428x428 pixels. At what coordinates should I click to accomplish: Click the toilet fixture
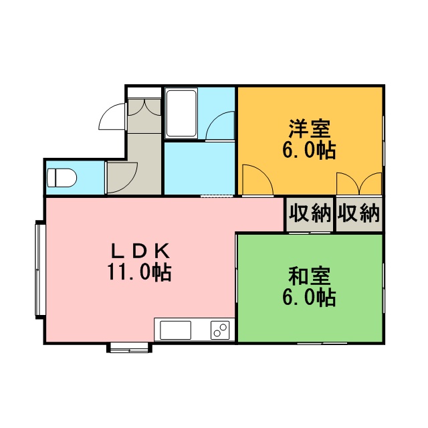coord(62,178)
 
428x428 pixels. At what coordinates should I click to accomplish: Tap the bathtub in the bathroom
coord(181,114)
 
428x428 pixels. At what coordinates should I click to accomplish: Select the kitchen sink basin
coord(175,330)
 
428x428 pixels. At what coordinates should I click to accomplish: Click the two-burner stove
coord(220,330)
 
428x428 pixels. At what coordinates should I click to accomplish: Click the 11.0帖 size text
coord(140,272)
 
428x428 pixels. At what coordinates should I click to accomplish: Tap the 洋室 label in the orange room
coord(310,129)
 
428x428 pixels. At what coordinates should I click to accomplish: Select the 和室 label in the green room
coord(310,276)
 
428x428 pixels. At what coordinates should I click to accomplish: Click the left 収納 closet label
coord(310,213)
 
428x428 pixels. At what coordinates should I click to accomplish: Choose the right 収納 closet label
coord(358,213)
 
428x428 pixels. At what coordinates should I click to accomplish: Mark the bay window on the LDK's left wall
coord(40,270)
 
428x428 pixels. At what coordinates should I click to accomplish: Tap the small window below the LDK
coord(129,348)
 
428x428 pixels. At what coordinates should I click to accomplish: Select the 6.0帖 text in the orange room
coord(309,150)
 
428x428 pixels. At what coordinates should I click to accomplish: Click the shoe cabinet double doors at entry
coord(144,107)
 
